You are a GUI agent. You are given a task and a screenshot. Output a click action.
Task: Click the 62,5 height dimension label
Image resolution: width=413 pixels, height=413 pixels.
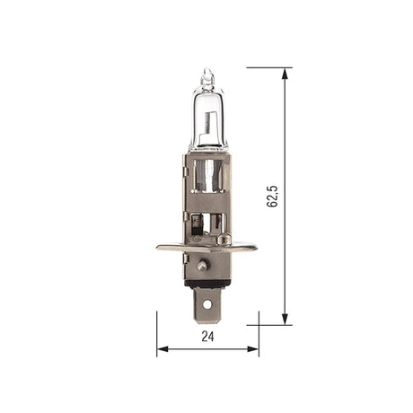272,197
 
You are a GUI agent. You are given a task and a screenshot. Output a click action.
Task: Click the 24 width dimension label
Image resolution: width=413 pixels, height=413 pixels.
207,337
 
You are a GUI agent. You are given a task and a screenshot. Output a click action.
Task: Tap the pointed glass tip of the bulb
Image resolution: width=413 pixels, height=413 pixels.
207,71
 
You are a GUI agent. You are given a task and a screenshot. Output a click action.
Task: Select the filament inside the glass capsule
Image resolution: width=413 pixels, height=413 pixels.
209,123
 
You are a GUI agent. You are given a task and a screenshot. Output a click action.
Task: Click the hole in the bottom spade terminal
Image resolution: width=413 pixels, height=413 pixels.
206,304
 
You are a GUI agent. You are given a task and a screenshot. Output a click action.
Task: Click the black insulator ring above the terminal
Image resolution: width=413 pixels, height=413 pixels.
207,284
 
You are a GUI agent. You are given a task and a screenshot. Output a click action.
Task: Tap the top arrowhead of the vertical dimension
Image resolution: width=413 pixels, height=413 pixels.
285,74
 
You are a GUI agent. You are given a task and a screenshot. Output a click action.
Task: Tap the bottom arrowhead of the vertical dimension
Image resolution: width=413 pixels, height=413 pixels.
285,320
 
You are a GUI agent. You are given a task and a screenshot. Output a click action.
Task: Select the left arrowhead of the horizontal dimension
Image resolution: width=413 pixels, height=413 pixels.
163,348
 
